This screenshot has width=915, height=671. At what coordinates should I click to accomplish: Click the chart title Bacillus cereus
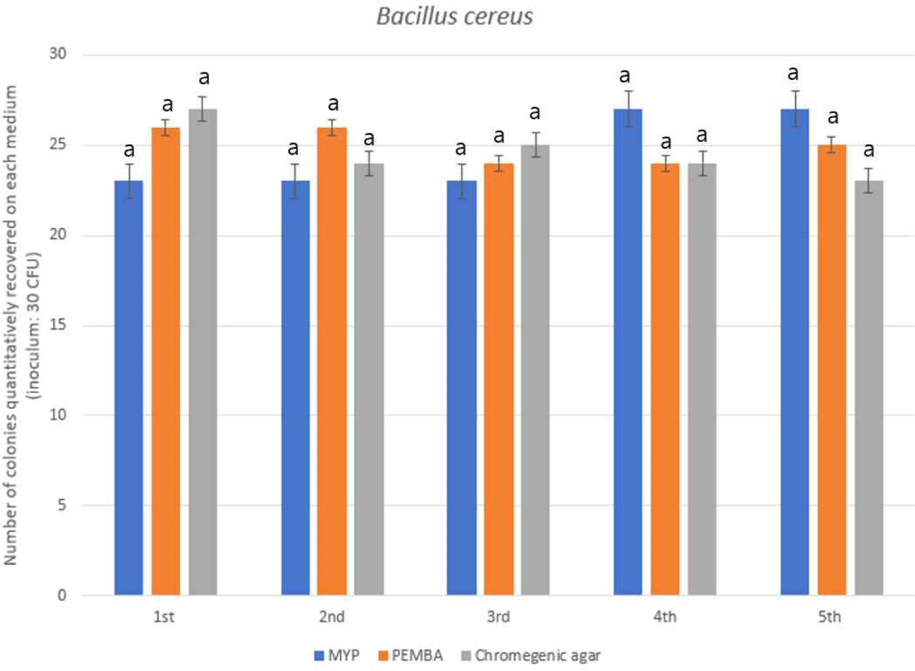[x=454, y=17]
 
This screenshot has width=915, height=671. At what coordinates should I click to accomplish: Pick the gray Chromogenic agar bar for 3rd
[x=535, y=370]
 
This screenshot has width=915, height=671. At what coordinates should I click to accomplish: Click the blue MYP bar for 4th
[x=627, y=351]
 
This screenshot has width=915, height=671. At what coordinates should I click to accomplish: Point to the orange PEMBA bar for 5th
[x=831, y=370]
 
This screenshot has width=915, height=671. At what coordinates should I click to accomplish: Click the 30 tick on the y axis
[x=58, y=54]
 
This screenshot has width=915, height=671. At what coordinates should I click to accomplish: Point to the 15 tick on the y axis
[x=58, y=325]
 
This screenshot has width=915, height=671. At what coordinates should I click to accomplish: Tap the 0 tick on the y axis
[x=62, y=596]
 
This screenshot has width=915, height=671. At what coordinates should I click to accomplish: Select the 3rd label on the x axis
[x=498, y=617]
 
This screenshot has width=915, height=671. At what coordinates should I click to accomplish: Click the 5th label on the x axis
[x=829, y=617]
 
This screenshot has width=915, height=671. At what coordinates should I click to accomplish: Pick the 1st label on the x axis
[x=164, y=617]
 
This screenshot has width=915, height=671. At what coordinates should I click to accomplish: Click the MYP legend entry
[x=337, y=656]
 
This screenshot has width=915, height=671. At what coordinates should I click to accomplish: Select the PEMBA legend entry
[x=410, y=656]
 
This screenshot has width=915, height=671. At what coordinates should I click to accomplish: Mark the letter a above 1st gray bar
[x=204, y=78]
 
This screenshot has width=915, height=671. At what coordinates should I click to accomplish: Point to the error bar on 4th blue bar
[x=629, y=109]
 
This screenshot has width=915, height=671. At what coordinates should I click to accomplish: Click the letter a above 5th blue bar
[x=793, y=73]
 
